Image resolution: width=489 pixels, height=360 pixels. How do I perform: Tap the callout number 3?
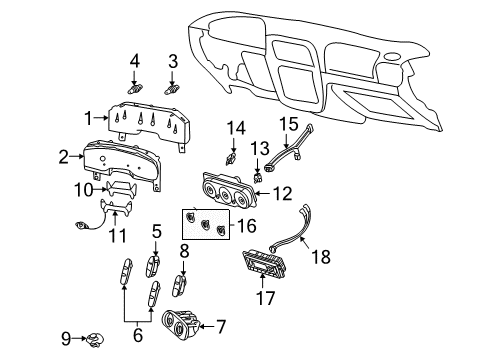click(x=173, y=62)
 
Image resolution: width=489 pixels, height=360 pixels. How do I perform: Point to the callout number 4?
click(x=134, y=62)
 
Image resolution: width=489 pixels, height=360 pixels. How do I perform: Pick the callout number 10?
click(x=87, y=188)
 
